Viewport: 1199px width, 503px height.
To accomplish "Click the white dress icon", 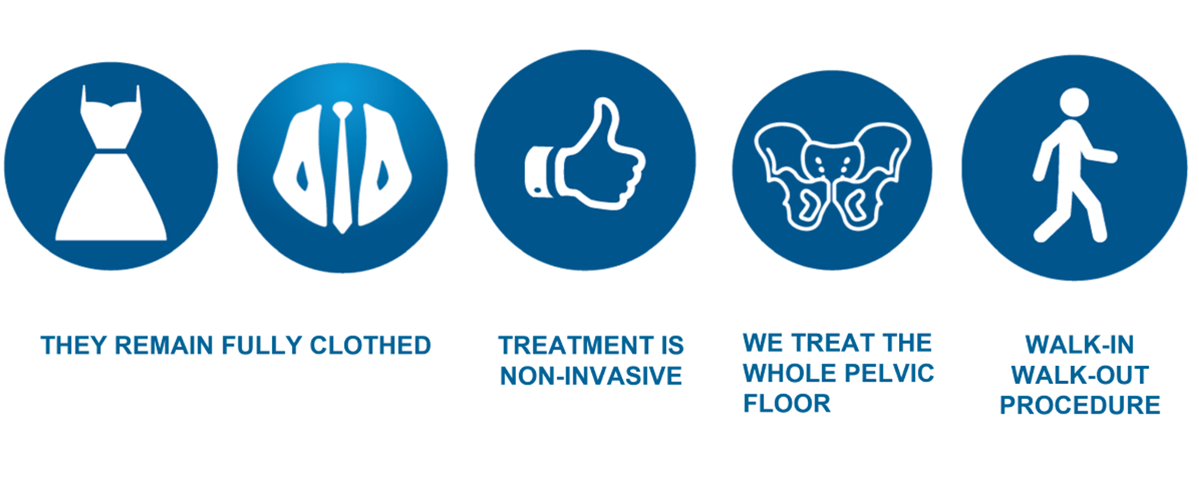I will (111, 174).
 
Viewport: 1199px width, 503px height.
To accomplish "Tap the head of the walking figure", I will (1074, 102).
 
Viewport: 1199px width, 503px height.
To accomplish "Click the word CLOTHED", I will (371, 345).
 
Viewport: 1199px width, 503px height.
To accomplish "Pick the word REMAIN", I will (164, 345).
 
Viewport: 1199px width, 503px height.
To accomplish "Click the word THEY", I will (74, 345).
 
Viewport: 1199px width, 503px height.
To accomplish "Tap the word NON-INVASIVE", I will (590, 376).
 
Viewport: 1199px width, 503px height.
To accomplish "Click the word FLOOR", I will (787, 403).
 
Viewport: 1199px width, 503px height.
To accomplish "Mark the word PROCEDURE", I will (1079, 405).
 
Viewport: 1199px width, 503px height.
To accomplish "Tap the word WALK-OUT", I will (1079, 375).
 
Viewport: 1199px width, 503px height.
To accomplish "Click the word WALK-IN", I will (1079, 345).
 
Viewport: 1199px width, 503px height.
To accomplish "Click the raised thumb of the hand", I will (601, 121).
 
